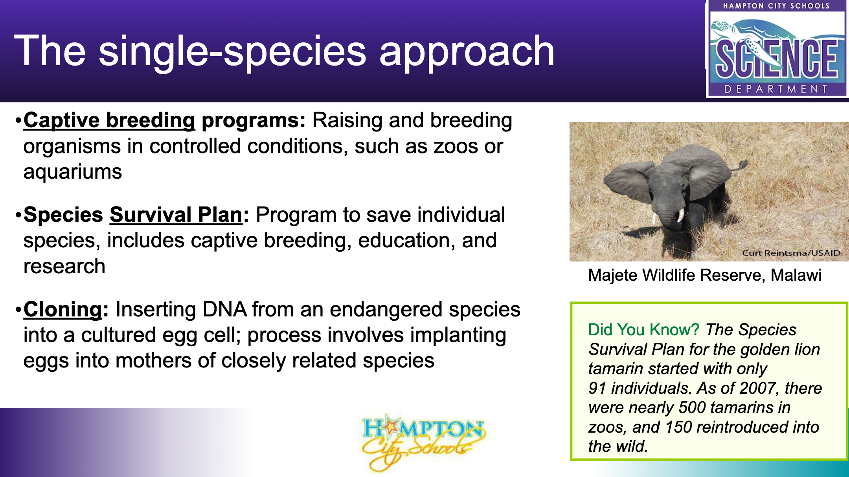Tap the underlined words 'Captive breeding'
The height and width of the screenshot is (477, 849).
tap(109, 121)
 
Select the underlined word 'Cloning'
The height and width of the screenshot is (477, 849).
tap(63, 309)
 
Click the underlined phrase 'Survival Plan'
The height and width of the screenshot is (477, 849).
tap(176, 215)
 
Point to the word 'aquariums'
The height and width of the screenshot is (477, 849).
tap(73, 172)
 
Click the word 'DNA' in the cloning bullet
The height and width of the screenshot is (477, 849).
tap(224, 309)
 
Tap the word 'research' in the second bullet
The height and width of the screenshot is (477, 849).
tap(64, 267)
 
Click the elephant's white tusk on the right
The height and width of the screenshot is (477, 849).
tap(681, 215)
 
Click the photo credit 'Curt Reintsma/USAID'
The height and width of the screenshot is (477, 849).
tap(791, 253)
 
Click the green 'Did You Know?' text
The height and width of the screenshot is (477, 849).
tap(644, 330)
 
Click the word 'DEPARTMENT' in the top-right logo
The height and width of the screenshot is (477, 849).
tap(776, 89)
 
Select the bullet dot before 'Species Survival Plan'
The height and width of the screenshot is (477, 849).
tap(18, 216)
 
